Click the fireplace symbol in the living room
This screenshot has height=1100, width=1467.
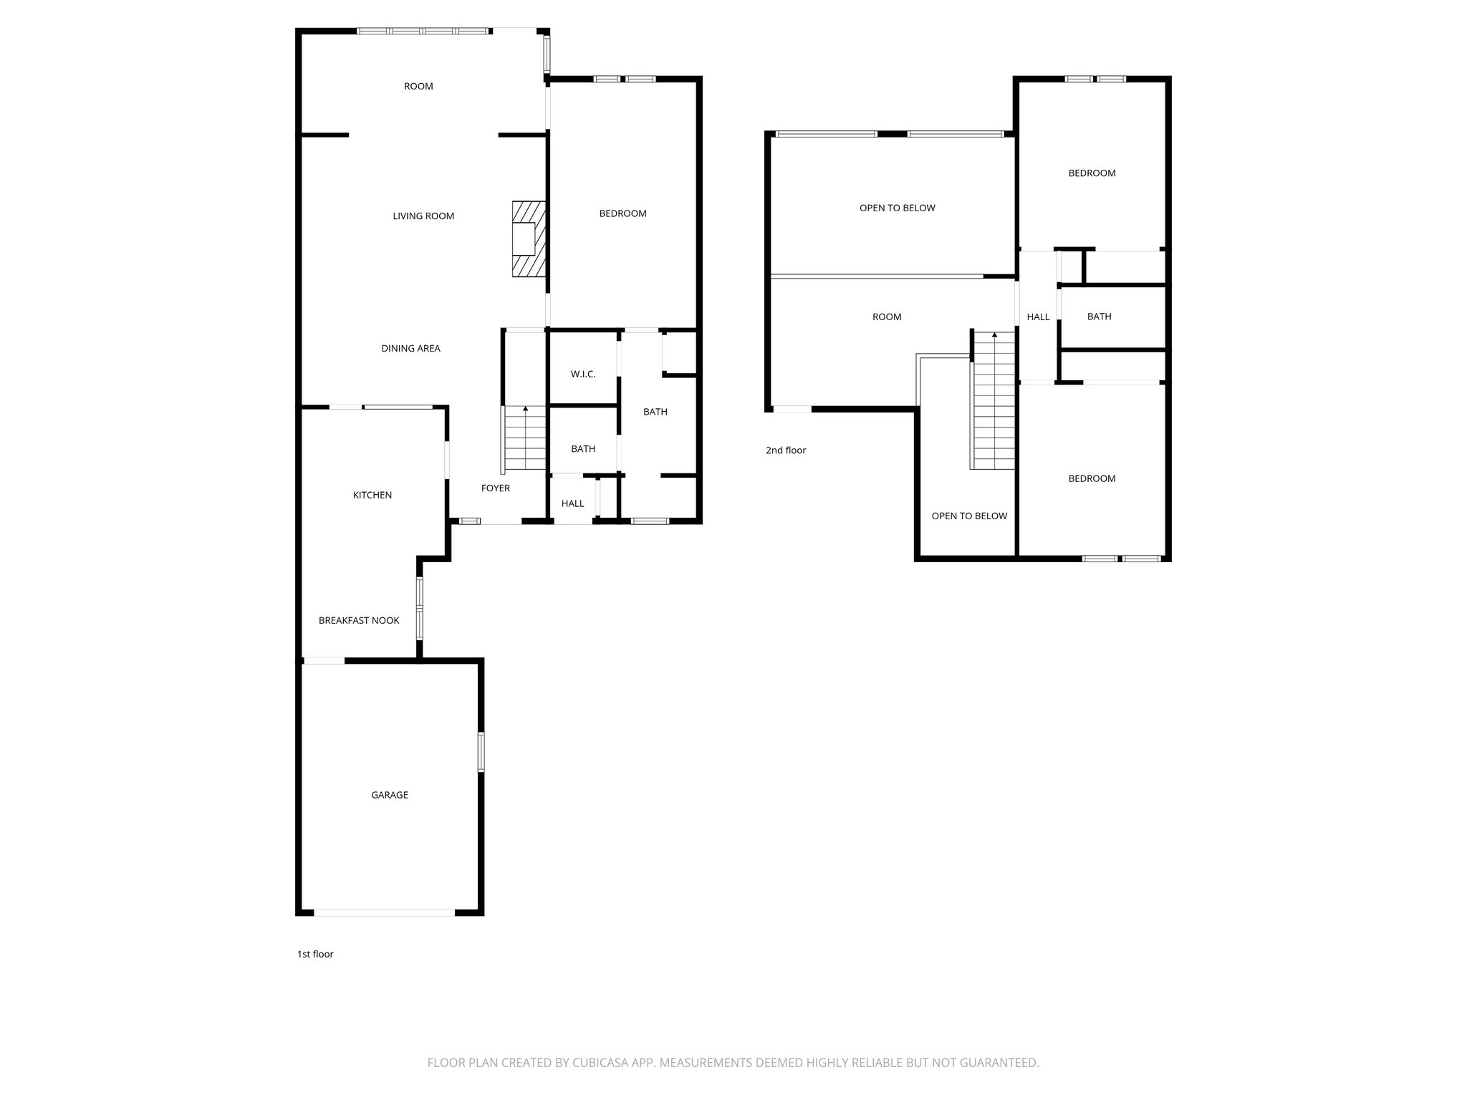tap(529, 238)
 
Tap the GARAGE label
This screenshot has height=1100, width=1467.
tap(390, 795)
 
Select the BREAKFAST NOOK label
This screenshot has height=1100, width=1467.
tap(359, 620)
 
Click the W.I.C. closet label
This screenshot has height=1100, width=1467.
tap(583, 374)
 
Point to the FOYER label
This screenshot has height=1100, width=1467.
tap(495, 488)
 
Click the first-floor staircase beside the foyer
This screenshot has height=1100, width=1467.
tap(525, 438)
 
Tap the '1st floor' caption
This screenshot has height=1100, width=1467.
tap(315, 954)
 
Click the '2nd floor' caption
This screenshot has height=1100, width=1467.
tap(786, 450)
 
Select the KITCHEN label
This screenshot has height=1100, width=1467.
tap(372, 495)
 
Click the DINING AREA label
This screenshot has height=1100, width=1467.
tap(410, 348)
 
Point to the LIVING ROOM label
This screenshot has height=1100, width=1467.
tap(423, 216)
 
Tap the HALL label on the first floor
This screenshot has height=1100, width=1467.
tap(572, 503)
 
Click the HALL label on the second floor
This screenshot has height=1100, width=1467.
tap(1038, 317)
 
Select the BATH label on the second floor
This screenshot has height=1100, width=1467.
tap(1099, 317)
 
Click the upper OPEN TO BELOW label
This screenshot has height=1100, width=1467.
tap(897, 208)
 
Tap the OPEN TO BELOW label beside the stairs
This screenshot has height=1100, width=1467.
tap(969, 516)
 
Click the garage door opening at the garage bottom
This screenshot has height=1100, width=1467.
tap(384, 912)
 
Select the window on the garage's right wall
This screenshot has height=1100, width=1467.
tap(481, 752)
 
